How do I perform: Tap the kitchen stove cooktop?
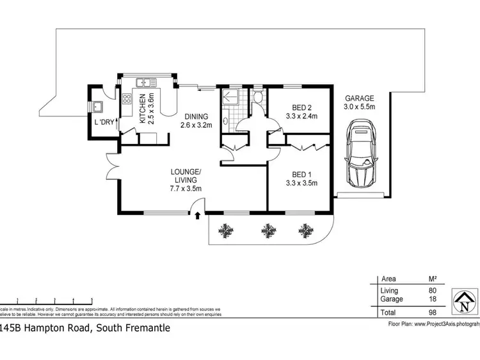126,99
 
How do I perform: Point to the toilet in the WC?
257,98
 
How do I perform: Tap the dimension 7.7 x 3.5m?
186,188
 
